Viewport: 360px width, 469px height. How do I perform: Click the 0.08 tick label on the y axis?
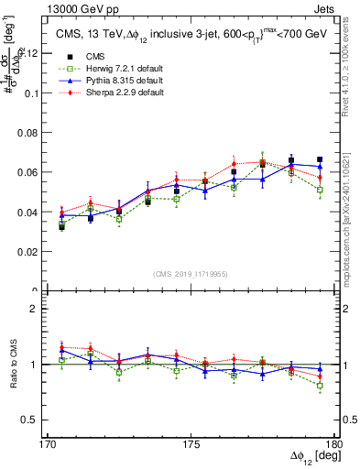31,133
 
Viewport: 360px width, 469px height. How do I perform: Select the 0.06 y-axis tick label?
31,172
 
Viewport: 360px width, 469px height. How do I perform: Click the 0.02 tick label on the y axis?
31,251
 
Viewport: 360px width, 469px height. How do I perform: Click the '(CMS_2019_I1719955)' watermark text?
191,273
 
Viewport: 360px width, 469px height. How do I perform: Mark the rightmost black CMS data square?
320,159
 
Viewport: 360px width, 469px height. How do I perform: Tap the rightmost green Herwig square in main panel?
320,190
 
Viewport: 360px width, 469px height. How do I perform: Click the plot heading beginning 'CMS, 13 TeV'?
182,35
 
